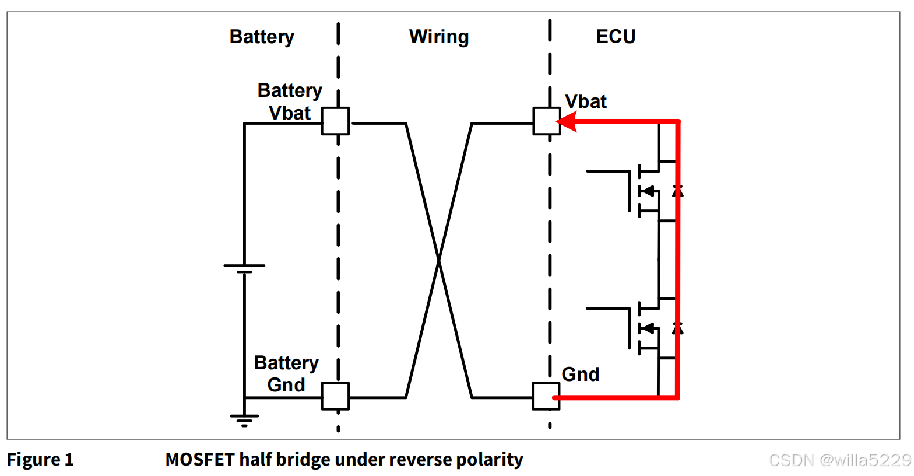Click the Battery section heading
(262, 37)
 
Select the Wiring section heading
(439, 37)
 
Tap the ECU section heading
(616, 37)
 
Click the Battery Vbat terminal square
(336, 121)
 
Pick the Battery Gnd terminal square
(336, 396)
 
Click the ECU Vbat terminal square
(547, 121)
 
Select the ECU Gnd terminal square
(546, 396)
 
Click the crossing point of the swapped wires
(439, 260)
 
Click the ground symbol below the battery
(244, 420)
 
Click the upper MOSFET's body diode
(677, 191)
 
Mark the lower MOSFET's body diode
(677, 328)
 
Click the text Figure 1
(40, 460)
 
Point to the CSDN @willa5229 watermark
(839, 460)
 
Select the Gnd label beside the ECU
(581, 374)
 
